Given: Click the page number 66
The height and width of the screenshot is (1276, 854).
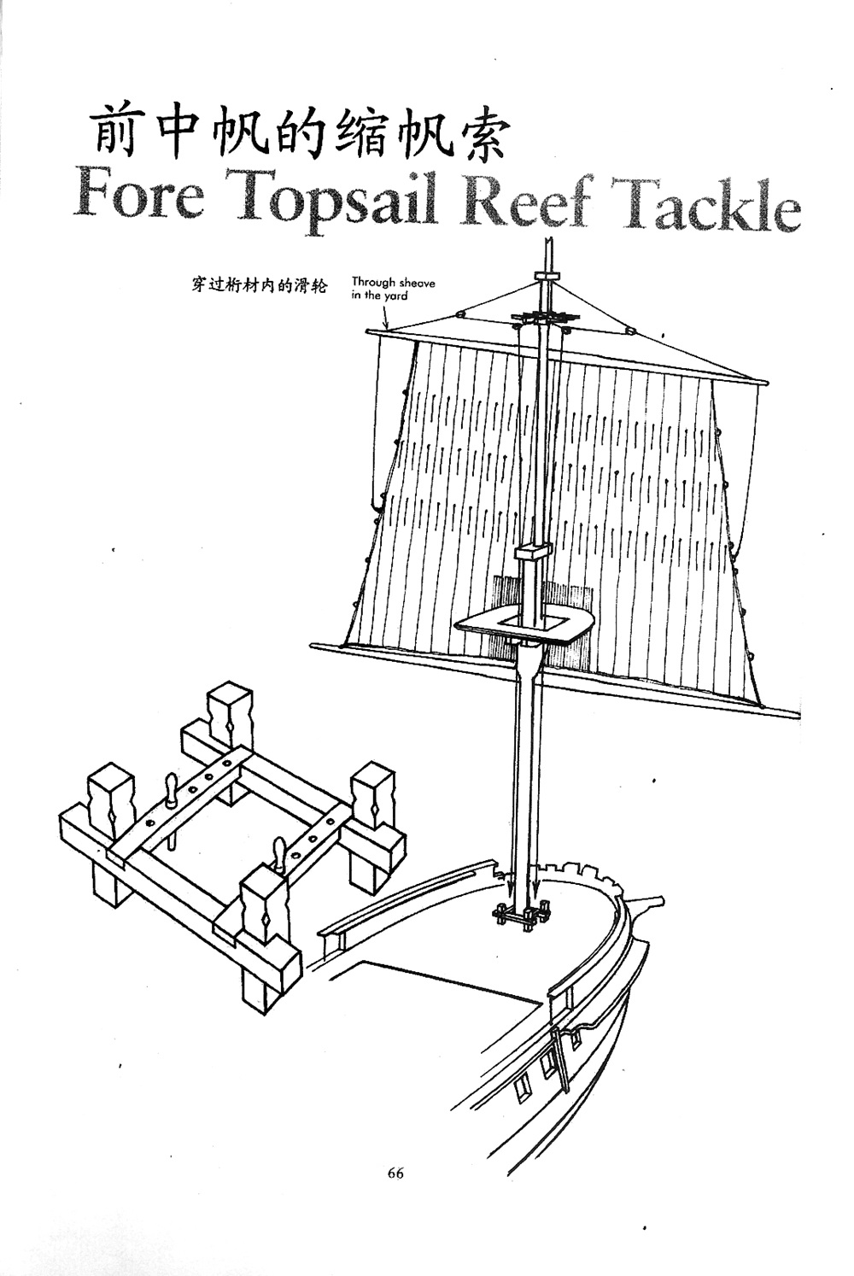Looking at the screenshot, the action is (395, 1173).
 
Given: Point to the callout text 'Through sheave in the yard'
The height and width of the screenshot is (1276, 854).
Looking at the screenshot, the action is (393, 288).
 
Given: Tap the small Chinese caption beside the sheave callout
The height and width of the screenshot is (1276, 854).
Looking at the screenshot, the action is (259, 285).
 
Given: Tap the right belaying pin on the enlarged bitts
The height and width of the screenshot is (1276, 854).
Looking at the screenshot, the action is (279, 851).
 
